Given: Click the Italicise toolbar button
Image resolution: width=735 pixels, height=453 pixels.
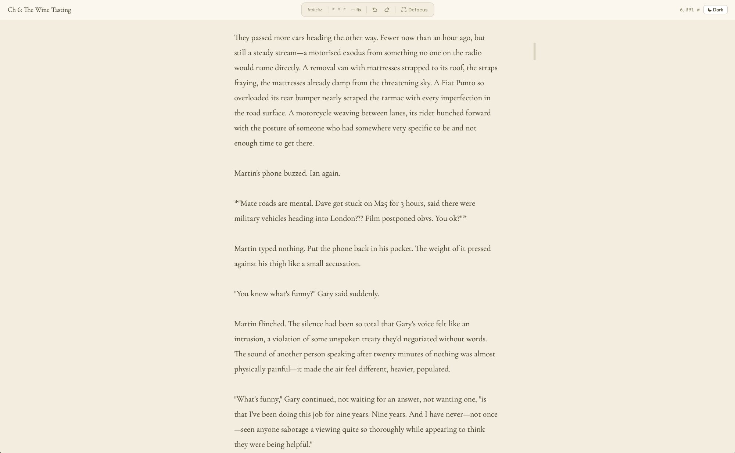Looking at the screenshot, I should (315, 10).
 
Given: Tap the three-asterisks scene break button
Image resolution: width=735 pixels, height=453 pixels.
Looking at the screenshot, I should (338, 10).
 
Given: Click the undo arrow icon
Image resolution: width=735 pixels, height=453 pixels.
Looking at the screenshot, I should (374, 10).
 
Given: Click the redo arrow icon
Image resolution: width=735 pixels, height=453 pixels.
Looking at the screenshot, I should (387, 10).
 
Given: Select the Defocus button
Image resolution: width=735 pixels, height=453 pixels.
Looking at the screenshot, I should (414, 10).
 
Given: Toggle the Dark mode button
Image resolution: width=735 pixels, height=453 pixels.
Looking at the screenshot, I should (715, 10).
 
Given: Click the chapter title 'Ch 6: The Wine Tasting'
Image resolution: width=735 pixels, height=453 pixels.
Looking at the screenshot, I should (39, 10).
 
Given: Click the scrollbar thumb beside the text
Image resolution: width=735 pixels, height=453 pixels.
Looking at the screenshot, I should (534, 51).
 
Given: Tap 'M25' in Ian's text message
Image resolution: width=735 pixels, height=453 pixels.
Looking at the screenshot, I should (380, 204).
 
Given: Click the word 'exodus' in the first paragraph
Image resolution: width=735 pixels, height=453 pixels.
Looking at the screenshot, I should (354, 53).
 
